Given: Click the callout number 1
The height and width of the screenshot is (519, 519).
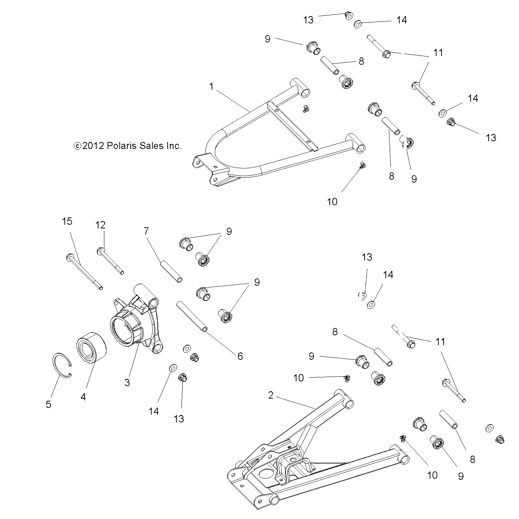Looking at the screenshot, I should (211, 86).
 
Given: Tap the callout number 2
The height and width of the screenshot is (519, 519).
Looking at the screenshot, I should (270, 395).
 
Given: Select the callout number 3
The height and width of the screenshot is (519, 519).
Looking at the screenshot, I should (127, 382).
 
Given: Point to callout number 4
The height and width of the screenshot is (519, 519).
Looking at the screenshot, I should (83, 396).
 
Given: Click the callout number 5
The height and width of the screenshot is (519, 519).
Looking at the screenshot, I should (48, 404).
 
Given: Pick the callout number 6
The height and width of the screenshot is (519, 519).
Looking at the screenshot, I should (240, 356).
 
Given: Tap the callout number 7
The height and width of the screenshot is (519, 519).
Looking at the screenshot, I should (146, 231).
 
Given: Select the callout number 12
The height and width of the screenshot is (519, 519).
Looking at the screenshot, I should (100, 225).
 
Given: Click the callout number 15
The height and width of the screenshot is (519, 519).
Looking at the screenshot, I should (67, 221).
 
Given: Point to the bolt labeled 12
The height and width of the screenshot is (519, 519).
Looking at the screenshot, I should (110, 261).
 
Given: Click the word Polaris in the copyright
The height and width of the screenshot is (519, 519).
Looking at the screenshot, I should (121, 146).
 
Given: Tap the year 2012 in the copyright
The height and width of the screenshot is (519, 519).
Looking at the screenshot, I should (93, 146).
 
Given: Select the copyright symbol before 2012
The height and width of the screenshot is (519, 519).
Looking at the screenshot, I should (77, 146).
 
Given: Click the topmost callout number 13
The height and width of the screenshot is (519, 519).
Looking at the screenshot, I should (309, 20).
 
